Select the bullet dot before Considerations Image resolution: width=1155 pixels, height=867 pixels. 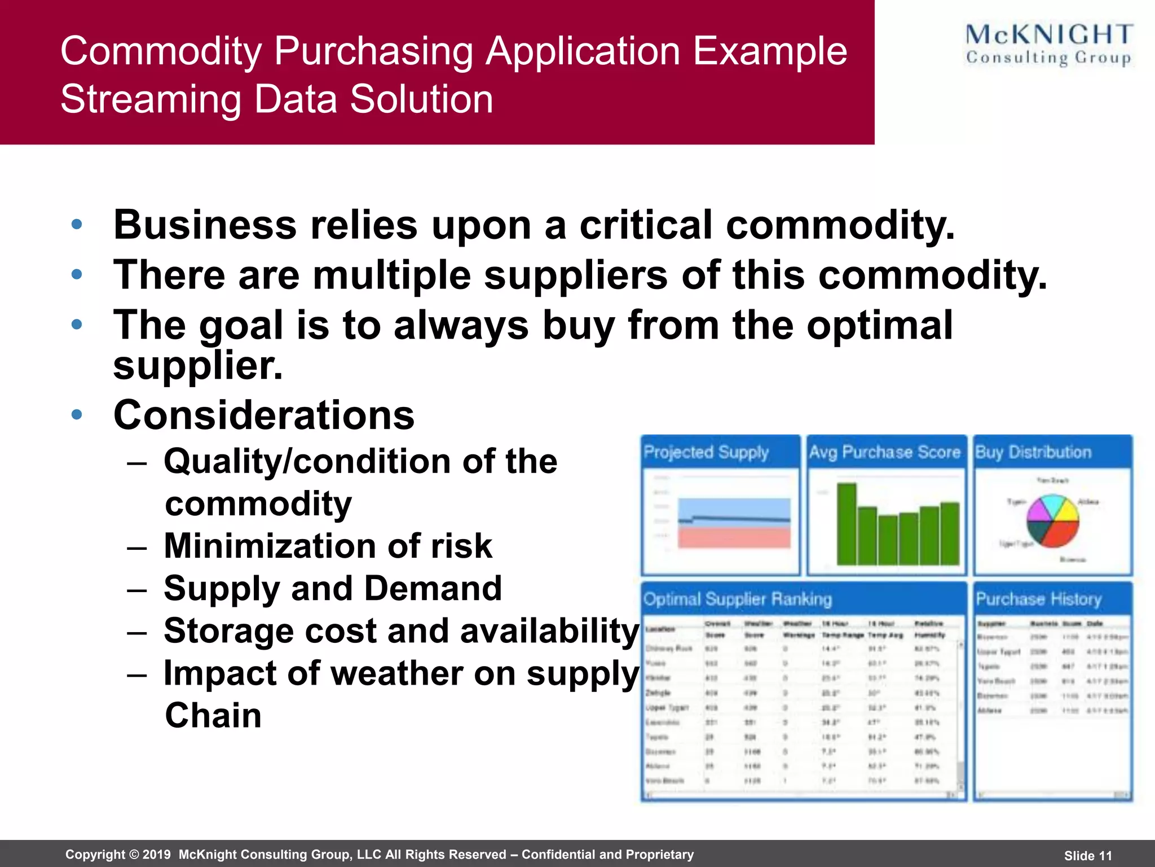click(77, 415)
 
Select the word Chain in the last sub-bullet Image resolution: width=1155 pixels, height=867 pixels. click(213, 715)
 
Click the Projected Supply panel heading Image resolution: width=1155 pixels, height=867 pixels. click(706, 452)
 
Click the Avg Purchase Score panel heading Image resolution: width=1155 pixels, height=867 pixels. click(884, 452)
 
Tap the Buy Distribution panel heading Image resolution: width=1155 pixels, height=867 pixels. click(1033, 452)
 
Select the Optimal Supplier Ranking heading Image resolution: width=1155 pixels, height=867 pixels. click(738, 599)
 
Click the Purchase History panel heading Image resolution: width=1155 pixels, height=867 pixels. click(1038, 599)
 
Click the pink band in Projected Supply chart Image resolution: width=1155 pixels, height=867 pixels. click(734, 537)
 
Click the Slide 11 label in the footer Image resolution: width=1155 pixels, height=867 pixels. click(1088, 856)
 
